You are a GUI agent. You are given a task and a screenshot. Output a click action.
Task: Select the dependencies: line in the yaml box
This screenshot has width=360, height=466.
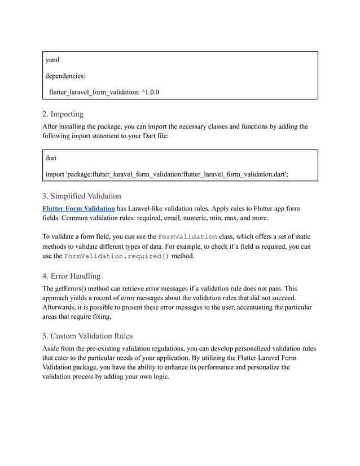(x=65, y=76)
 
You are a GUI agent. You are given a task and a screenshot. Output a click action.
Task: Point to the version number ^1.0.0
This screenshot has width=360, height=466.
(x=147, y=92)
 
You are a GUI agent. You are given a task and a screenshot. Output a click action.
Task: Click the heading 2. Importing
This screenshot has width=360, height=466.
(x=63, y=114)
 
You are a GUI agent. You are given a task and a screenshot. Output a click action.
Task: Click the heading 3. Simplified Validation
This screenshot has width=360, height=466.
(x=82, y=196)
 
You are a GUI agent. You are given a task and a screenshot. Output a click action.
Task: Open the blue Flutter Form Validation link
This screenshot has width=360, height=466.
(x=79, y=209)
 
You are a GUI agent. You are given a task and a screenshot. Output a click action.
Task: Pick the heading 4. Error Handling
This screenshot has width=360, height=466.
(x=72, y=276)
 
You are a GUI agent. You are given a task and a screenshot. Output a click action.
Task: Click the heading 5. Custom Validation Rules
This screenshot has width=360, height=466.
(x=88, y=336)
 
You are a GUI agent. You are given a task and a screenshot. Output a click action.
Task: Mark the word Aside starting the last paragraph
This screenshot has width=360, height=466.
(x=53, y=348)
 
